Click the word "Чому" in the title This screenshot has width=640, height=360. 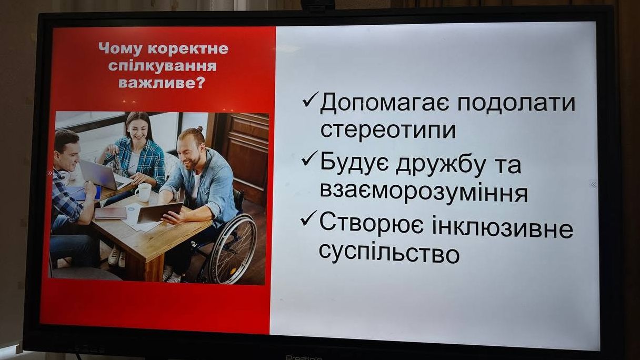(x=120, y=48)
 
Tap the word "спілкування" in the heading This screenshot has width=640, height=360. (x=162, y=66)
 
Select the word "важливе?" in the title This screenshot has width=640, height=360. (x=162, y=83)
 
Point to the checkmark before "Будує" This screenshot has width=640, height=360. (x=309, y=158)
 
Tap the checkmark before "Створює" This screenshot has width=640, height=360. (x=308, y=218)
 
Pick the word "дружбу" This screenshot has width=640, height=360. (x=440, y=165)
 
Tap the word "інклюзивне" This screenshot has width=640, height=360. (x=502, y=229)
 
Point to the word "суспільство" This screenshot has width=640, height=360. (x=389, y=253)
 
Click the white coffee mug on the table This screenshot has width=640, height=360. (x=143, y=192)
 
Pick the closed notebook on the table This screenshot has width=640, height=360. (x=111, y=213)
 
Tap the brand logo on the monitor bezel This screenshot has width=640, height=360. (x=304, y=357)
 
